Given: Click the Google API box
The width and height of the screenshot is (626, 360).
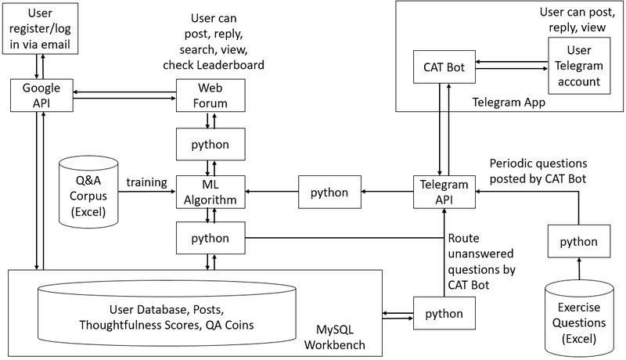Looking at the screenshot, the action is point(41,95).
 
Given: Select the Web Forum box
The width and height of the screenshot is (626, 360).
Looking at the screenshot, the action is point(210,95).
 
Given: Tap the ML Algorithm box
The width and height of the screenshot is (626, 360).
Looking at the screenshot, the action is point(210,192).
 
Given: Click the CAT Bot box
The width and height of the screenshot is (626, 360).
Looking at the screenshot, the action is point(444,67).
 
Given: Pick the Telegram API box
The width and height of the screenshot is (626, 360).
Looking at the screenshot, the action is point(444,192).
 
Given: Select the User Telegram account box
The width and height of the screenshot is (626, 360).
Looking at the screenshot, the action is point(579,66).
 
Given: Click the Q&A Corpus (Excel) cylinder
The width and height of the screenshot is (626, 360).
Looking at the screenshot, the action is point(88,192).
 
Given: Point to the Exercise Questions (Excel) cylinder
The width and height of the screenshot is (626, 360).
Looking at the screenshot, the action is point(579,319).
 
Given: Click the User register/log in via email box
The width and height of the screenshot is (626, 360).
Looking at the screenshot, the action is point(40,28).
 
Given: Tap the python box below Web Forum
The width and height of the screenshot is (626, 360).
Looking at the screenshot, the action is point(210,144).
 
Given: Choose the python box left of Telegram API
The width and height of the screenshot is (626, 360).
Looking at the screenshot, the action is point(329,192).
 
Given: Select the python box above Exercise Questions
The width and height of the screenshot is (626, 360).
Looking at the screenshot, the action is point(579,241).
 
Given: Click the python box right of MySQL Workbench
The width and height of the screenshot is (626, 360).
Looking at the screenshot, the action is point(444,313).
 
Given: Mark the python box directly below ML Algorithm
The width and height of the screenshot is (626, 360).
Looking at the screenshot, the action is point(210,238).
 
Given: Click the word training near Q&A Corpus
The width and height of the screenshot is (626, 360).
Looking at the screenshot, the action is point(146,182).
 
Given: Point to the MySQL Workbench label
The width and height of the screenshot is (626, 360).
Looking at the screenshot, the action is point(335,337).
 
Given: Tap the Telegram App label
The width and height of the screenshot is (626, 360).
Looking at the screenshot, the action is point(509,103).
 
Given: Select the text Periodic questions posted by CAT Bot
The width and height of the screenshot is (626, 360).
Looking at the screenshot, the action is point(538,171).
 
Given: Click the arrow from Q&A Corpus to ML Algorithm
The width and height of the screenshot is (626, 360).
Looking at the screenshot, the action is point(147,192).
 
